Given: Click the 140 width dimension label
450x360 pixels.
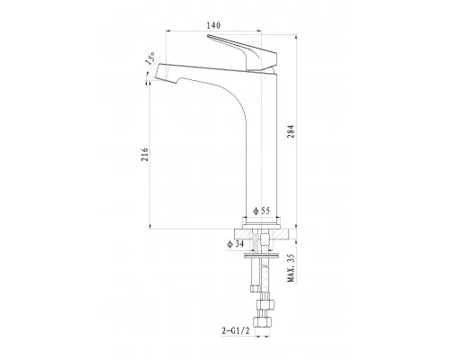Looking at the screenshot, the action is (x=213, y=25).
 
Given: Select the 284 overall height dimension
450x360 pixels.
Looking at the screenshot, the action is (x=291, y=131).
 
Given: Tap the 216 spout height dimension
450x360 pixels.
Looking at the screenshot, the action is (x=145, y=155).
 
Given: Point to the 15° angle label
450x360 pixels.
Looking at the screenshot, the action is (x=150, y=58).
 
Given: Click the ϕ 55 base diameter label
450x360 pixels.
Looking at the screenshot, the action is (x=261, y=211).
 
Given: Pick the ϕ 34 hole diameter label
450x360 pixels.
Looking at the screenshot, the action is (x=236, y=244).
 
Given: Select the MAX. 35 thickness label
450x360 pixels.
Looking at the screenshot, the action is (x=291, y=267).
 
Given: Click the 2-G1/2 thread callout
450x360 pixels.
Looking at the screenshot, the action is (x=236, y=331).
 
